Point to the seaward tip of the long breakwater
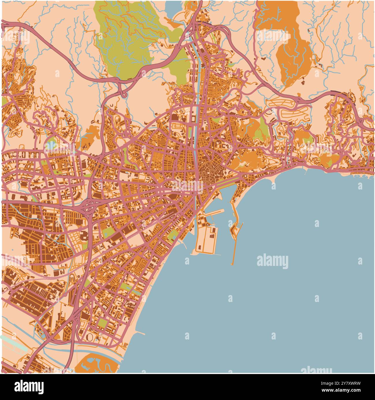232,264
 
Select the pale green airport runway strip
13,343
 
